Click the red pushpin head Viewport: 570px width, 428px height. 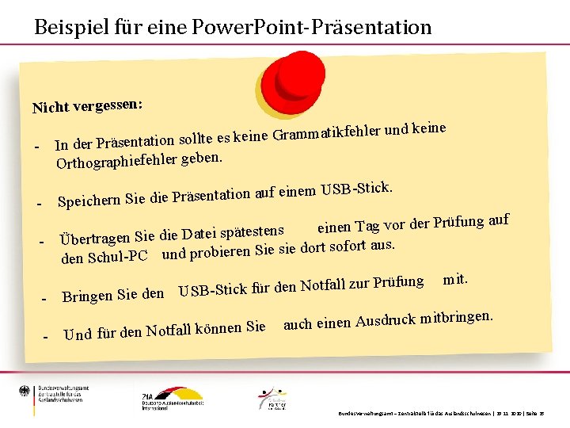tap(299, 76)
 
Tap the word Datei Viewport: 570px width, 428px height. tap(198, 233)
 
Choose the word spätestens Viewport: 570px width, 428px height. tap(252, 231)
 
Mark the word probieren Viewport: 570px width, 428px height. tap(219, 252)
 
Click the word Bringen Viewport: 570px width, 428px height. tap(87, 297)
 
